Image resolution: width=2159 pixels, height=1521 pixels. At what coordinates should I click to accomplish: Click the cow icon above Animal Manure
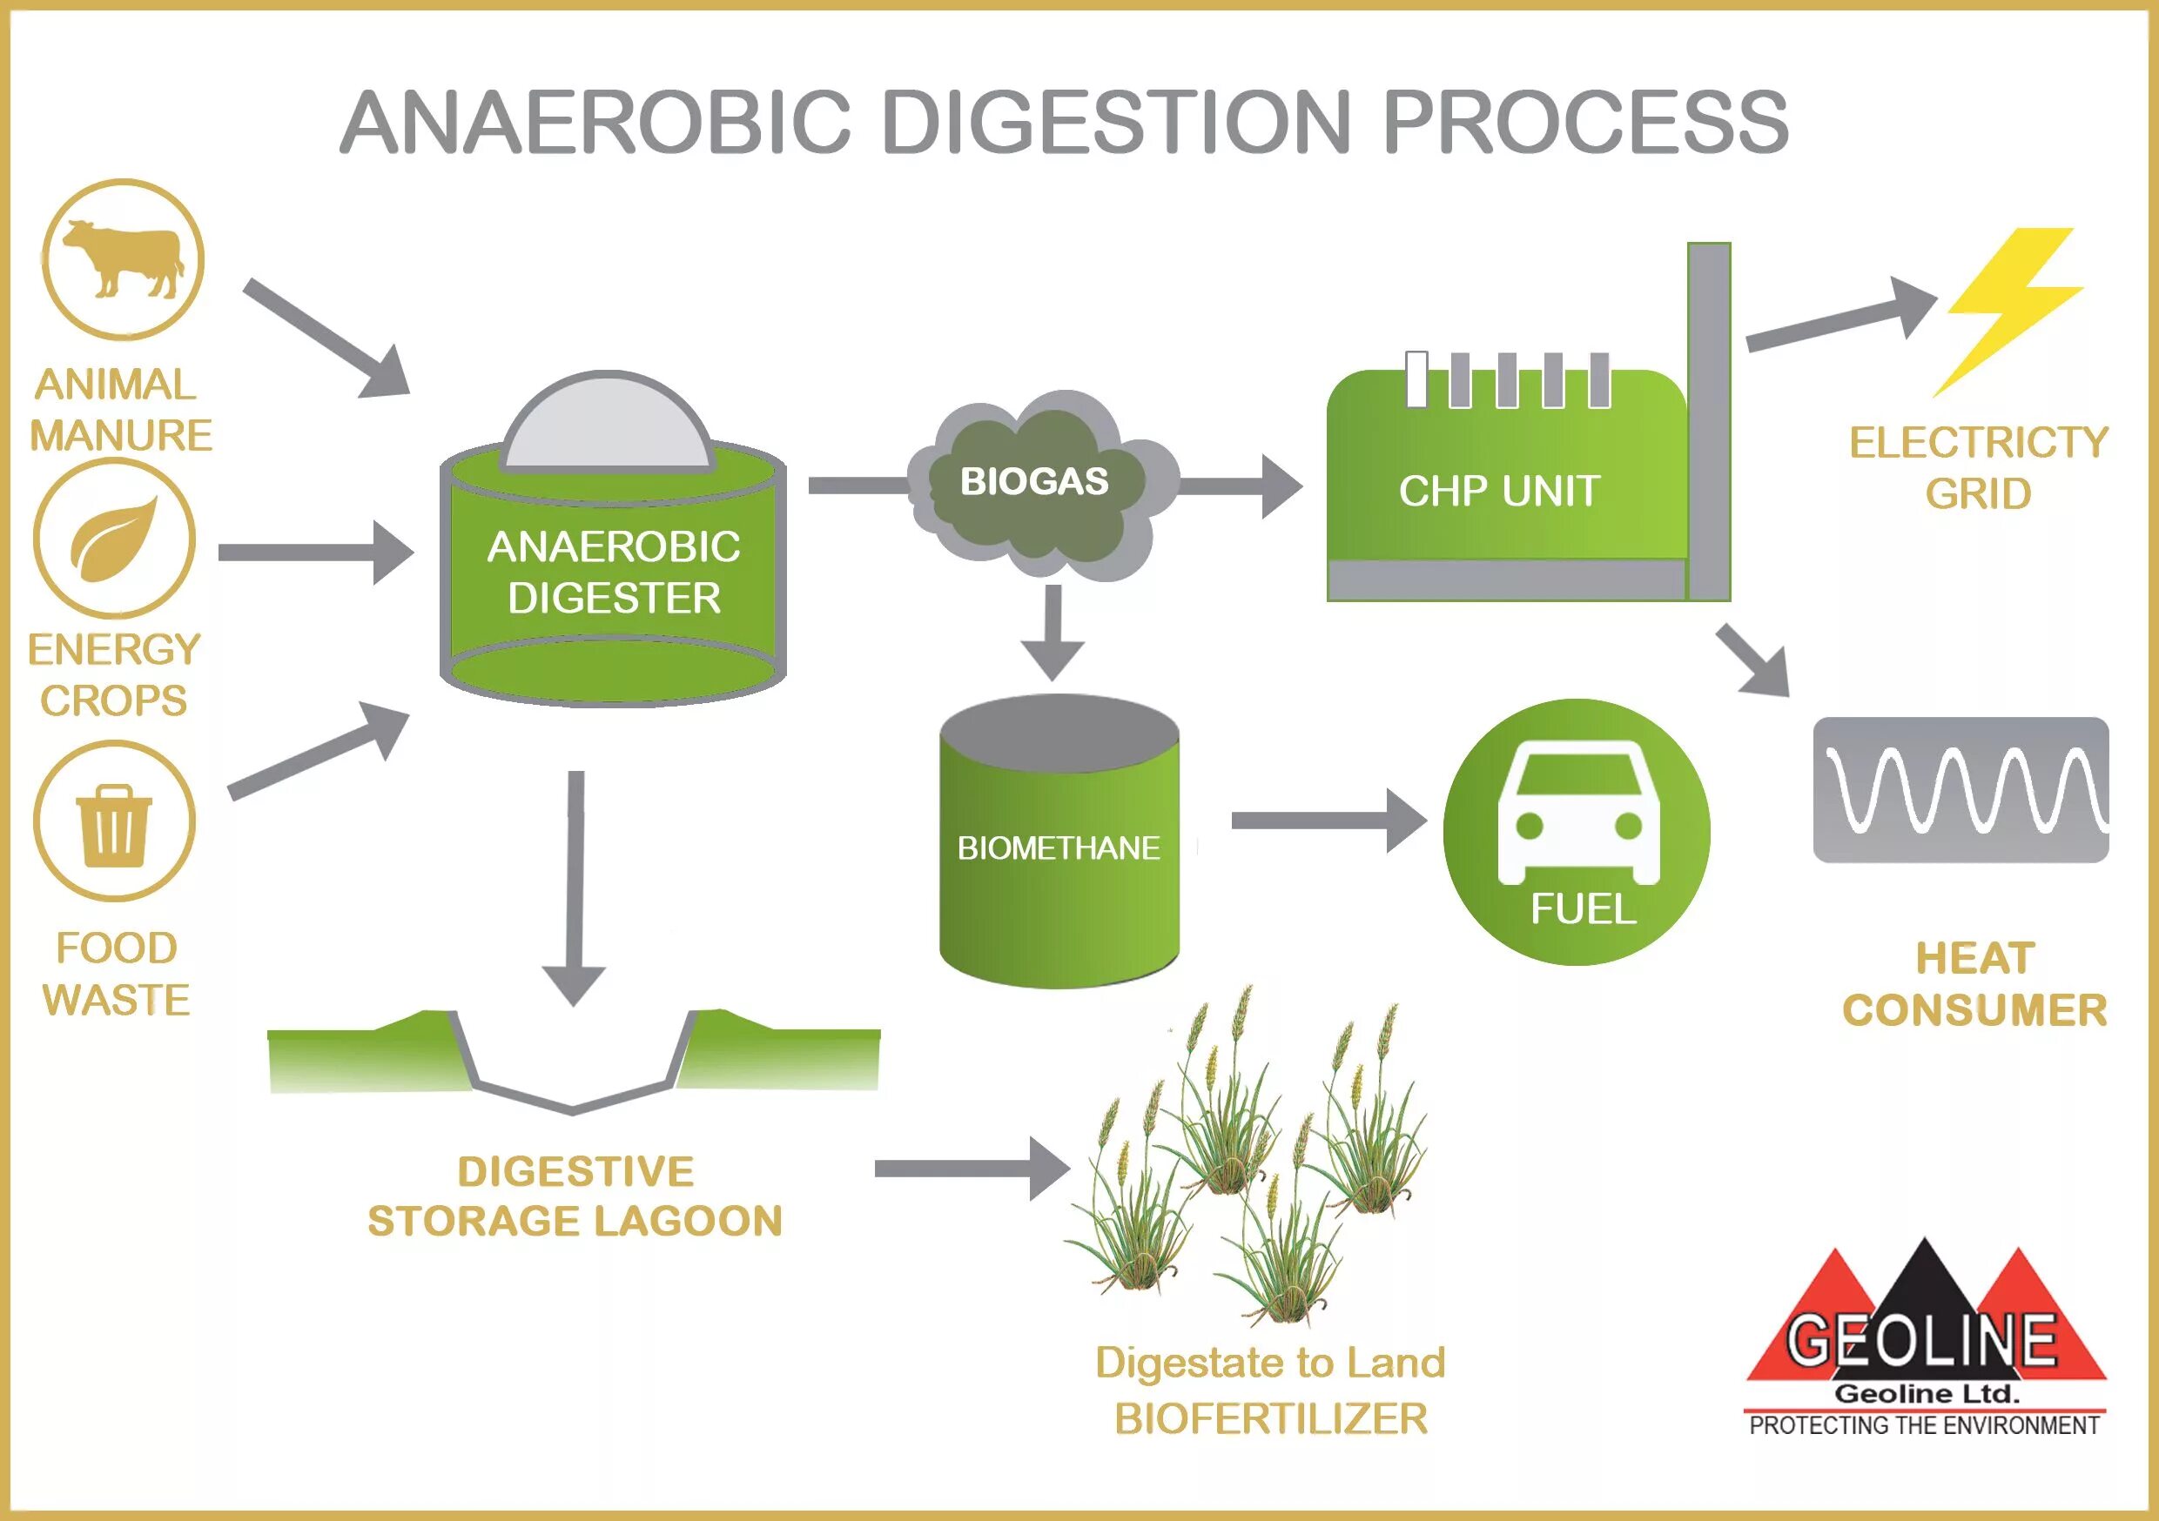[122, 258]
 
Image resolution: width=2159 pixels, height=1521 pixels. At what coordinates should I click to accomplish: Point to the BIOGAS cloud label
[1034, 481]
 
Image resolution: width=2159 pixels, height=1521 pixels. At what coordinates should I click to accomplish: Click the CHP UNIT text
[1499, 491]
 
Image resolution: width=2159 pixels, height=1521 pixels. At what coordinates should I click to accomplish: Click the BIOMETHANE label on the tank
[1059, 848]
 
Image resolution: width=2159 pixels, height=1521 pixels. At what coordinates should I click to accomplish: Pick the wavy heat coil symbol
[1961, 789]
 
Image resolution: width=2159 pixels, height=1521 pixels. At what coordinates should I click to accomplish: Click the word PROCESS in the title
[1585, 122]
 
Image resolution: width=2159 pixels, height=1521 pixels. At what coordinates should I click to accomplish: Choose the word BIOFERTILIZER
[1270, 1418]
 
